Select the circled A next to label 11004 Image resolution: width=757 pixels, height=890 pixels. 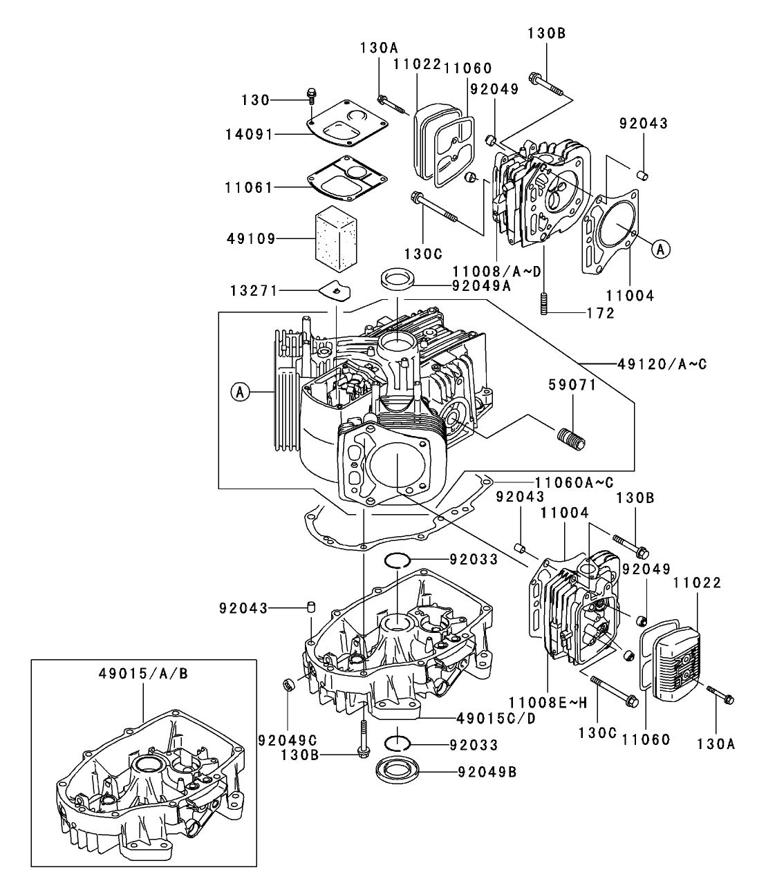[x=660, y=249]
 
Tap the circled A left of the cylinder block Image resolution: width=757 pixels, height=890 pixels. [x=240, y=392]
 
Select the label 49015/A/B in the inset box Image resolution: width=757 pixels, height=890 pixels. [x=142, y=674]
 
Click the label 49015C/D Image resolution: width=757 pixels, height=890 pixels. [x=496, y=717]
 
